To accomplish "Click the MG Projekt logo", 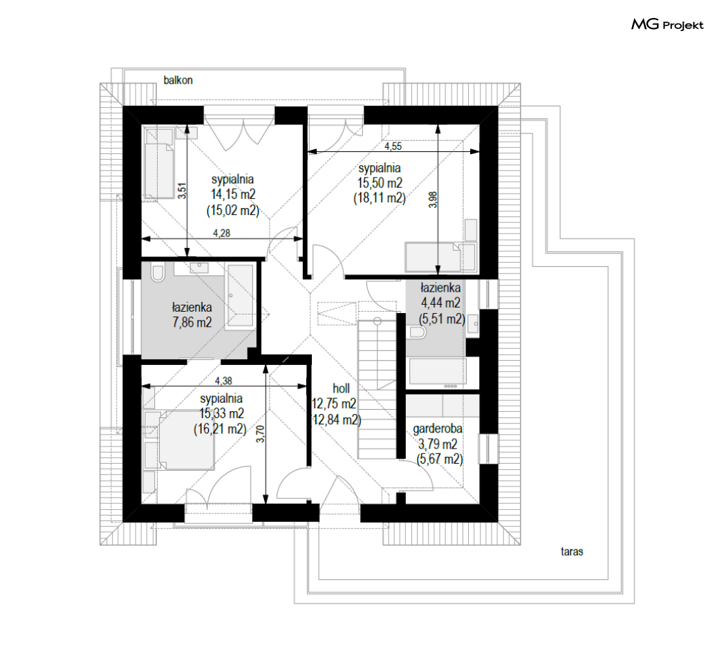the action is (x=667, y=24).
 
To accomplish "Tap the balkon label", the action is (x=178, y=80).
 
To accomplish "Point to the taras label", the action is (x=572, y=551).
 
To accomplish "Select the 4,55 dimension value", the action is (x=393, y=147).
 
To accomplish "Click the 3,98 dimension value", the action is (x=433, y=199).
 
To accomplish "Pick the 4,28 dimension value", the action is (x=222, y=234).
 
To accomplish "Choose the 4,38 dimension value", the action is (x=223, y=381).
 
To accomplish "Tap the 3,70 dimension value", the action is (x=261, y=433).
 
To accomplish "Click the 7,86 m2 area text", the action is (x=192, y=321).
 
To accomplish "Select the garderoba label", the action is (x=438, y=428).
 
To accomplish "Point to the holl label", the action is (x=342, y=388).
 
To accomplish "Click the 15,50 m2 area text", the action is (x=380, y=183).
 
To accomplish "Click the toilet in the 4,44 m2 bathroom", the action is (x=417, y=332).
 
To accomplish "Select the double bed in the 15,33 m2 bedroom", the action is (x=186, y=440).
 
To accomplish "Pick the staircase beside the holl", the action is (x=378, y=389).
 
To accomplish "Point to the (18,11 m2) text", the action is (x=380, y=198).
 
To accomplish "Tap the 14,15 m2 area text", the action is (x=233, y=194).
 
